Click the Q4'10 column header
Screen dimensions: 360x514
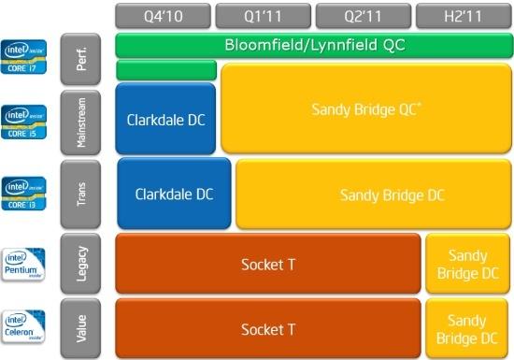click(164, 16)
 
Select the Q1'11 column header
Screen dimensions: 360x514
click(264, 16)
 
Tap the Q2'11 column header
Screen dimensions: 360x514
click(363, 16)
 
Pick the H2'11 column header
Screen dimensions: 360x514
click(463, 16)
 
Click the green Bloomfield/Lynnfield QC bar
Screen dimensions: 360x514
click(313, 45)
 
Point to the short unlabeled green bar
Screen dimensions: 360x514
click(165, 70)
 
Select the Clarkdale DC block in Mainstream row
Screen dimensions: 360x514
click(164, 119)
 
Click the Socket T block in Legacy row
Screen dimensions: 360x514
click(267, 264)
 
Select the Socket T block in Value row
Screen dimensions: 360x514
click(267, 329)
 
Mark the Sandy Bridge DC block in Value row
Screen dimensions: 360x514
click(467, 329)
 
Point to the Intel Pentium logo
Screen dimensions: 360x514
click(24, 263)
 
